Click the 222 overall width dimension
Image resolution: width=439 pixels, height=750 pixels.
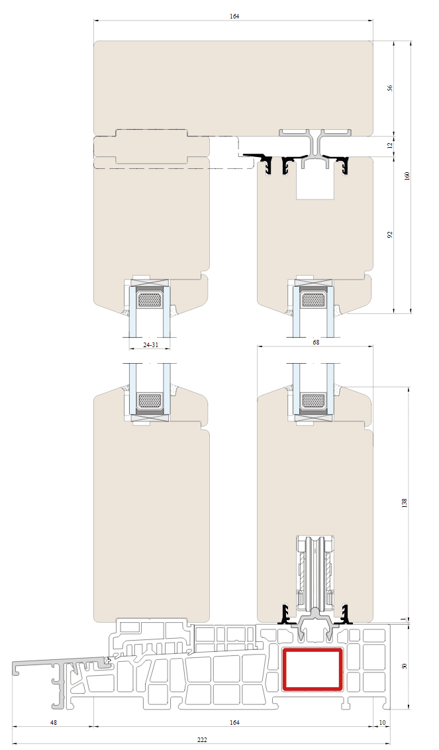tap(203, 739)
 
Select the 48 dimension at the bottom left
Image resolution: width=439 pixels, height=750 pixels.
tap(54, 722)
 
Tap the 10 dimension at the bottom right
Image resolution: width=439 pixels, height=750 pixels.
tap(381, 722)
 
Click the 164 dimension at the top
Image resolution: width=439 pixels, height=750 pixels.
tap(234, 17)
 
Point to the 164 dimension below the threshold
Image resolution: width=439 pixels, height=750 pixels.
tap(234, 722)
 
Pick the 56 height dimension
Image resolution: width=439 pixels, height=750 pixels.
tap(390, 88)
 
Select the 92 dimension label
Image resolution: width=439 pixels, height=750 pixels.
tap(390, 235)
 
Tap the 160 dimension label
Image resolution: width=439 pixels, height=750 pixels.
tap(407, 176)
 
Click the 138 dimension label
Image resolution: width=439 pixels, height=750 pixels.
tap(405, 503)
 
